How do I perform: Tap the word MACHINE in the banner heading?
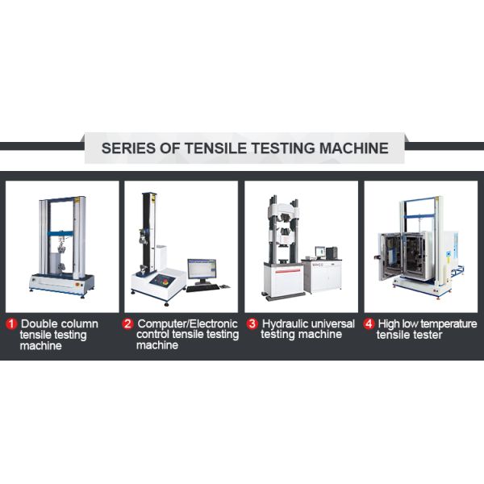pyautogui.click(x=354, y=148)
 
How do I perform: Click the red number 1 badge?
pyautogui.click(x=12, y=324)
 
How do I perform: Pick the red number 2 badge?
pyautogui.click(x=127, y=324)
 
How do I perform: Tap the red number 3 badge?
pyautogui.click(x=252, y=323)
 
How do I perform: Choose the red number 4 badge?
pyautogui.click(x=369, y=324)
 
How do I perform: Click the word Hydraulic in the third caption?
pyautogui.click(x=284, y=324)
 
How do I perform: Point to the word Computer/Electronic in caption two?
pyautogui.click(x=188, y=323)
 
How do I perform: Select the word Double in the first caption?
pyautogui.click(x=39, y=323)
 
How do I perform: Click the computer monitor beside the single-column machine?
pyautogui.click(x=202, y=269)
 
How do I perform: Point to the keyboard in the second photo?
pyautogui.click(x=202, y=288)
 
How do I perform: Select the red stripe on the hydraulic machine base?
pyautogui.click(x=288, y=271)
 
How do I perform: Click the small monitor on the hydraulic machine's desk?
pyautogui.click(x=320, y=252)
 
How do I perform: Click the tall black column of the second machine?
pyautogui.click(x=148, y=233)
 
